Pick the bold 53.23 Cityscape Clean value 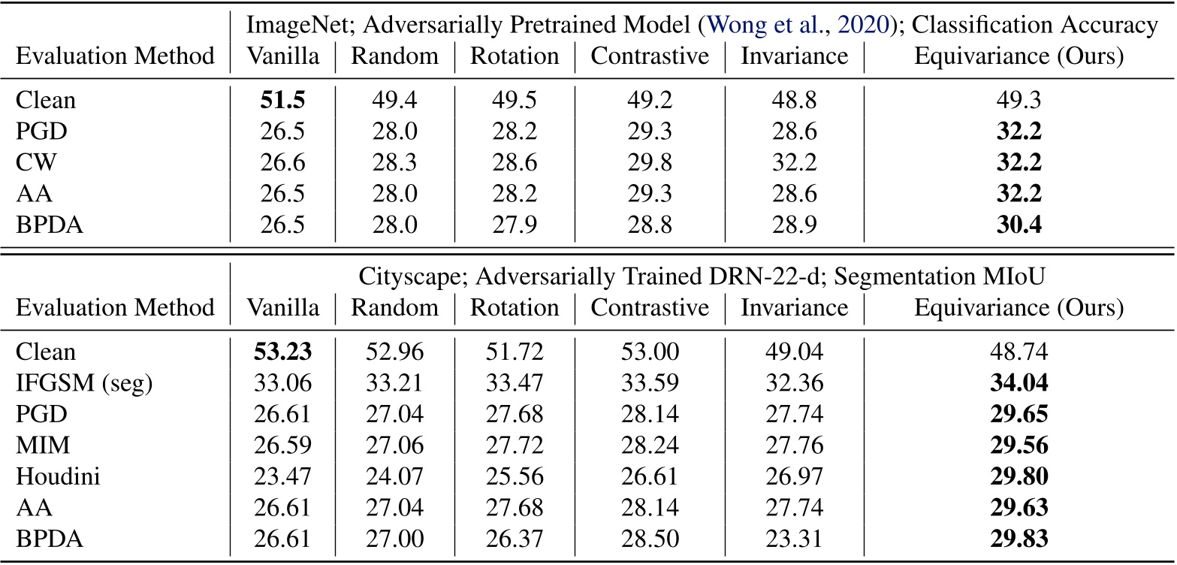(282, 352)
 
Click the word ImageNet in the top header (287, 26)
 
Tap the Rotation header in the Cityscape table (515, 307)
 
